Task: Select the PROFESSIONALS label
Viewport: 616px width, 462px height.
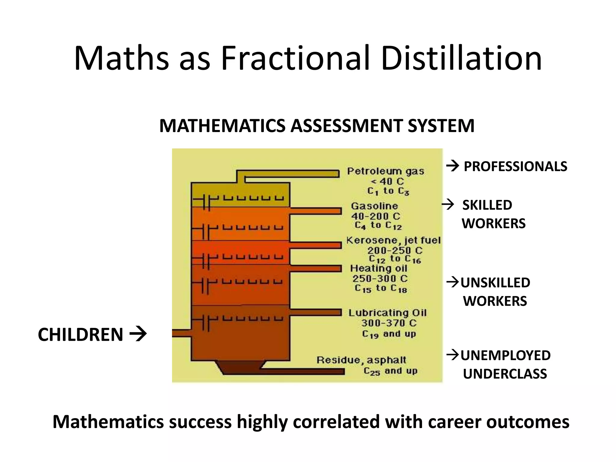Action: pos(515,167)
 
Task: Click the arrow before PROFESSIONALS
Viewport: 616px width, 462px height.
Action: pos(453,166)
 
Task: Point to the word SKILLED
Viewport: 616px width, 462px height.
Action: pos(487,205)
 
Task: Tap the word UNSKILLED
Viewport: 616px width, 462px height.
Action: pos(495,283)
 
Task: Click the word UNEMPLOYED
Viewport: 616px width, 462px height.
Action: pos(505,356)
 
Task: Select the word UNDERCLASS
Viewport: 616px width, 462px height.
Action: pos(505,374)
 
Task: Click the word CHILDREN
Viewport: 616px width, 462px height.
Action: pos(80,335)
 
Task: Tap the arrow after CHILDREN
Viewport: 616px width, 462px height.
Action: pos(138,334)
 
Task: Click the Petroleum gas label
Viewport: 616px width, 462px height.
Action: pos(386,171)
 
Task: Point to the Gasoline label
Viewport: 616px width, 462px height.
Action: pos(374,206)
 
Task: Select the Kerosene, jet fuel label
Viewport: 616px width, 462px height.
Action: pos(393,240)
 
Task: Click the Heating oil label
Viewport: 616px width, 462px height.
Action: pos(378,268)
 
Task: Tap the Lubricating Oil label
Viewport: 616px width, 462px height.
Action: pos(387,313)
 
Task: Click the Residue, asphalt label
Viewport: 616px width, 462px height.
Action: pos(361,360)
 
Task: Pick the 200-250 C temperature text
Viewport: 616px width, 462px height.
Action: pos(395,250)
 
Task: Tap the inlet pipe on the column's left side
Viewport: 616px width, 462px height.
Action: pos(181,333)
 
